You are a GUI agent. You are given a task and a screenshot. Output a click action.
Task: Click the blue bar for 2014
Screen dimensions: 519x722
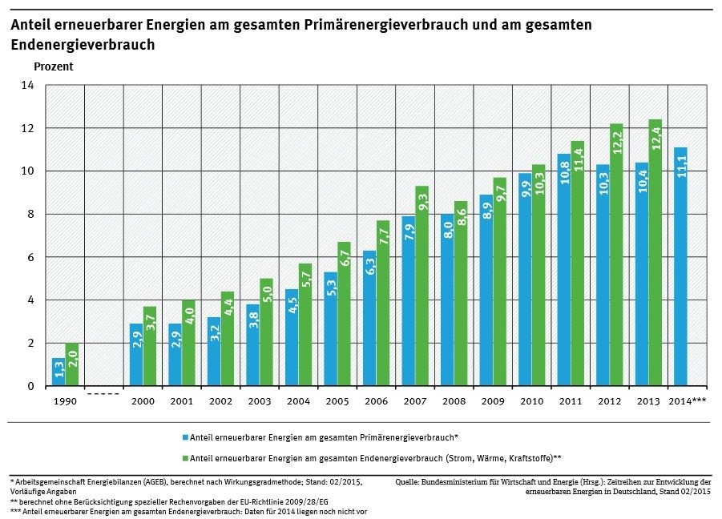[x=680, y=267]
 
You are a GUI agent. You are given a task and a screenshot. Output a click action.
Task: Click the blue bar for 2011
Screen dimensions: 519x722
[x=563, y=270]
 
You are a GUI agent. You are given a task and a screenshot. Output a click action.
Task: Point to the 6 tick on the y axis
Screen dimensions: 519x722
[x=30, y=257]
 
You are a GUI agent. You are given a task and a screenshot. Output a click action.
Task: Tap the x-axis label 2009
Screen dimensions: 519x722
[x=493, y=400]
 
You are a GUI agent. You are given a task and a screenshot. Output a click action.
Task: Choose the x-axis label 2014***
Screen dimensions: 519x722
[x=688, y=400]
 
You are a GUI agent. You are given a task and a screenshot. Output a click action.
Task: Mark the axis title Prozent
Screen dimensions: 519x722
[x=54, y=67]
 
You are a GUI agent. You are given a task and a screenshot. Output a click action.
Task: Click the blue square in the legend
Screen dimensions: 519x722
[x=185, y=437]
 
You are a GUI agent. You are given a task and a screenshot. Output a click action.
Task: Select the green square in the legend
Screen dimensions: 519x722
[x=185, y=458]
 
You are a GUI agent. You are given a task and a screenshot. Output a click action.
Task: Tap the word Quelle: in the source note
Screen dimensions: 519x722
[x=409, y=482]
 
